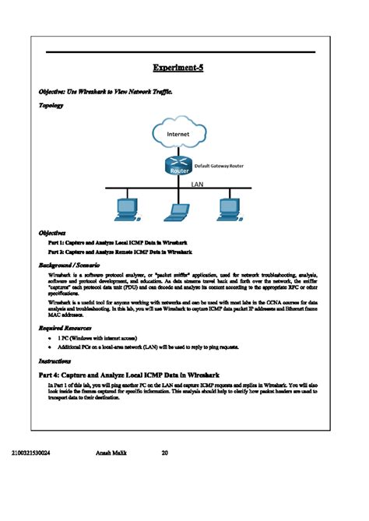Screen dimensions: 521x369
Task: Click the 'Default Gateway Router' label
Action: (219, 166)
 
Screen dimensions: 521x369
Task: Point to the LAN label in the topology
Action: (197, 185)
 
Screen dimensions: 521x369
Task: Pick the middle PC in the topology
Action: (178, 208)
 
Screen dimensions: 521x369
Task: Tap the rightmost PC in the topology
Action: (228, 208)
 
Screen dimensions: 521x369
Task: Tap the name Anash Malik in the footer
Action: (111, 452)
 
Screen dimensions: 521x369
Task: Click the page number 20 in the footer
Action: (165, 452)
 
